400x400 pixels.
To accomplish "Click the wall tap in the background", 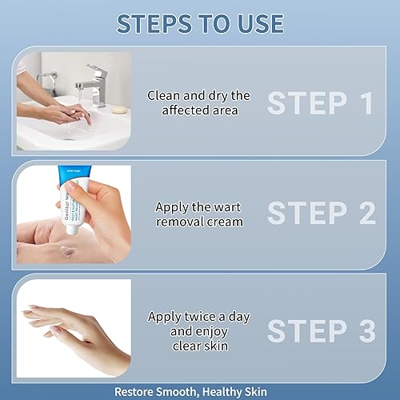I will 50,80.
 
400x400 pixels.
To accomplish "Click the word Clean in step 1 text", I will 163,95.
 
